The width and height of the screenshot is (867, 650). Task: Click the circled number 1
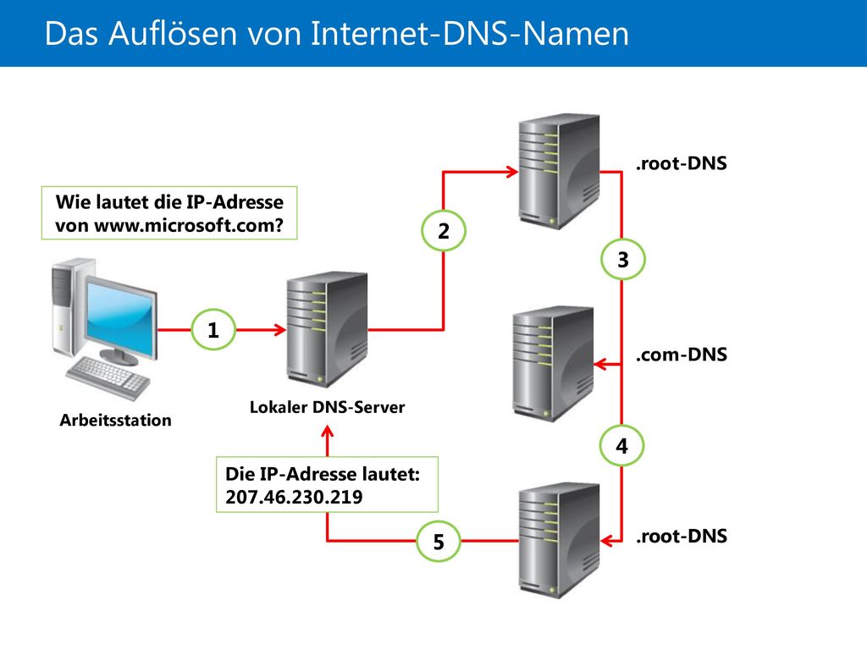pyautogui.click(x=213, y=330)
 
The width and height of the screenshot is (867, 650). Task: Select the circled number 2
pyautogui.click(x=444, y=231)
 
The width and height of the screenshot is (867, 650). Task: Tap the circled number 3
pyautogui.click(x=622, y=259)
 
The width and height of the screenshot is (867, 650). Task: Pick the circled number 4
pyautogui.click(x=622, y=445)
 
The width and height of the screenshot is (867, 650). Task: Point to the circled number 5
pyautogui.click(x=439, y=541)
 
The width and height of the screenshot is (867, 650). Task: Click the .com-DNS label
pyautogui.click(x=682, y=355)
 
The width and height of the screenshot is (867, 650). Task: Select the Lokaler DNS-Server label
pyautogui.click(x=328, y=407)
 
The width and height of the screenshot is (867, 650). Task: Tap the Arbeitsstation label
pyautogui.click(x=115, y=420)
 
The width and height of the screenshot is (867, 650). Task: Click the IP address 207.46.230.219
pyautogui.click(x=294, y=497)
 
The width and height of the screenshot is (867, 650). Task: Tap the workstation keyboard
pyautogui.click(x=108, y=377)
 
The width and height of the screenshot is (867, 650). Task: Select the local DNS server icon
pyautogui.click(x=327, y=329)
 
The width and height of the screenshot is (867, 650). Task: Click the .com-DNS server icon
pyautogui.click(x=553, y=364)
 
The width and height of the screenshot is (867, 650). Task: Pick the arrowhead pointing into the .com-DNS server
pyautogui.click(x=600, y=364)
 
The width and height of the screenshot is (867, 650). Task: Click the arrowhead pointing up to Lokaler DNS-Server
pyautogui.click(x=328, y=432)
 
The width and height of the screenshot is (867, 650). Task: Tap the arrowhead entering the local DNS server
pyautogui.click(x=279, y=330)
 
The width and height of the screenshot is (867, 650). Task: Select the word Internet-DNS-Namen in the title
pyautogui.click(x=470, y=33)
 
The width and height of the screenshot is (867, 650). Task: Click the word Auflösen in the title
pyautogui.click(x=173, y=33)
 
